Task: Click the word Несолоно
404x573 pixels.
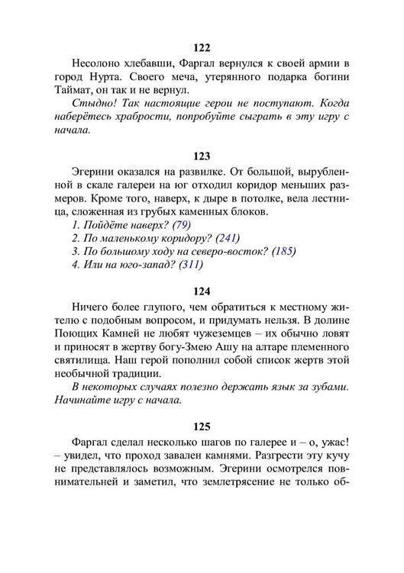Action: pos(95,62)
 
